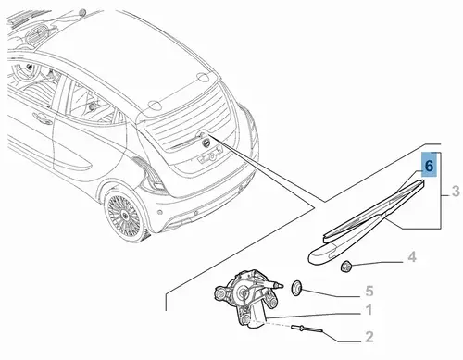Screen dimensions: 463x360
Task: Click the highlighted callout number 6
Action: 429,166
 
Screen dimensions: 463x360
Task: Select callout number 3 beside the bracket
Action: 456,192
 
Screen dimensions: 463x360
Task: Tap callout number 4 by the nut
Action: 412,257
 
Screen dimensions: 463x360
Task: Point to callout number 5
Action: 369,291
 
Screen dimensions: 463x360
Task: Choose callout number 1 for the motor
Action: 369,309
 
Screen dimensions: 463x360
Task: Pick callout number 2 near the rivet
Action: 369,337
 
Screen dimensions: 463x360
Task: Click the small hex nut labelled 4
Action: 345,266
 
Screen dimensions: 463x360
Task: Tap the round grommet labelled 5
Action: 297,288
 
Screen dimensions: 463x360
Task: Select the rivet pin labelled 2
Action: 307,329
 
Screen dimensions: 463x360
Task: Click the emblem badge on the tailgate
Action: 206,143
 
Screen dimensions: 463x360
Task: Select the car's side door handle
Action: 43,118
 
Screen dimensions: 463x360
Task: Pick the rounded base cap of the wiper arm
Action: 324,254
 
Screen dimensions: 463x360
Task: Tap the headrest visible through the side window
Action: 92,106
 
